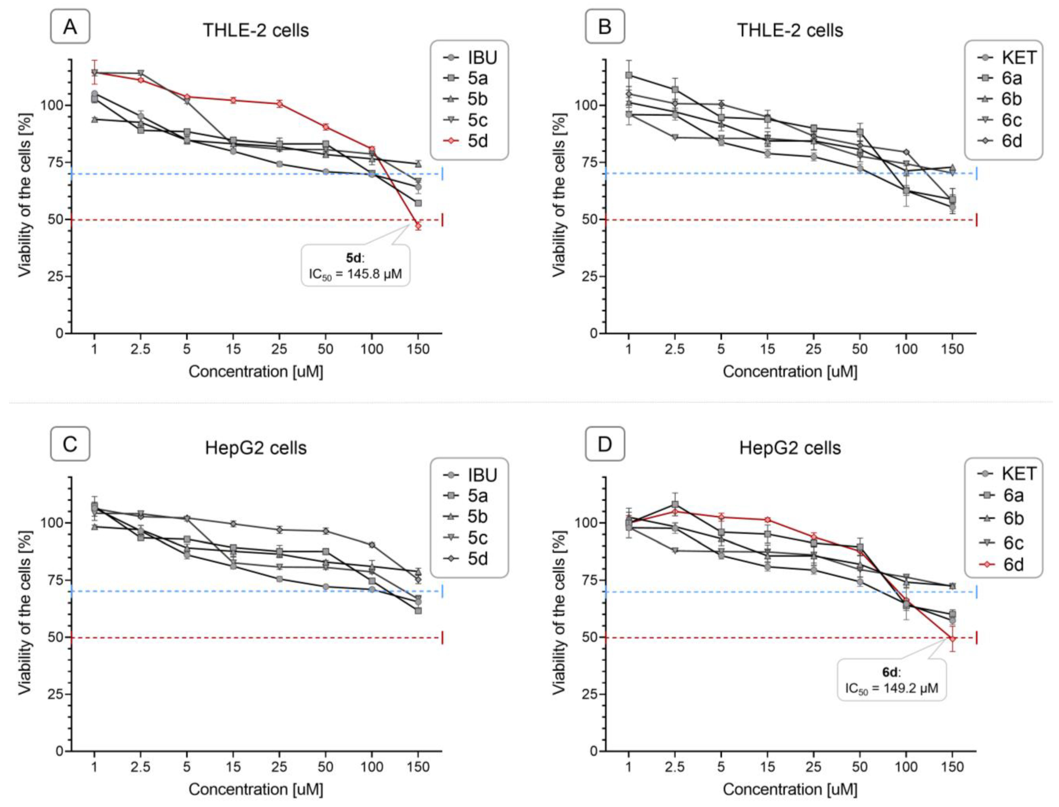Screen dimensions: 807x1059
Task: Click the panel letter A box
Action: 70,26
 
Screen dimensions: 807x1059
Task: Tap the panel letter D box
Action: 605,444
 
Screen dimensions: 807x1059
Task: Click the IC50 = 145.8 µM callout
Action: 355,266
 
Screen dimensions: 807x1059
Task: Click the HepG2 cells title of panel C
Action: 255,448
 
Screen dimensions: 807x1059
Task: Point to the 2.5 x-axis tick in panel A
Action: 140,349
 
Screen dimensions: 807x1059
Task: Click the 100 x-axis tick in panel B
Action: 906,349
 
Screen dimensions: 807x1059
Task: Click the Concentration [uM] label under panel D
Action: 790,789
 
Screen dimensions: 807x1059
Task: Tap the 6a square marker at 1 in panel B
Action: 629,75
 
